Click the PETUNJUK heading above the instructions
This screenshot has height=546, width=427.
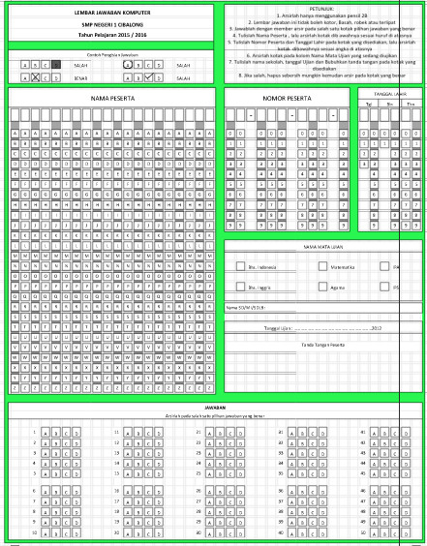[x=321, y=7]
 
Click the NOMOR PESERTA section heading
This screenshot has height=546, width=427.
[x=288, y=100]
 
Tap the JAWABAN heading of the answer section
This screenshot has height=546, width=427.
[x=215, y=409]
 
